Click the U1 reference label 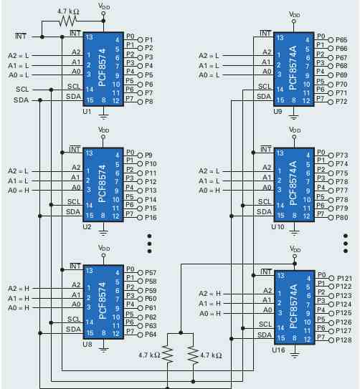87,112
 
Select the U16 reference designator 278,350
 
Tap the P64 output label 151,335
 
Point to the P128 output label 344,340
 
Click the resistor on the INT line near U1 68,21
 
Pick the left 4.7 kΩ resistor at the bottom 168,355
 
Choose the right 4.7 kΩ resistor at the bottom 193,355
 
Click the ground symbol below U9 294,116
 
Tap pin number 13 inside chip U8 89,271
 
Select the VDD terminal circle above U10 294,137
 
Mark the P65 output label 341,40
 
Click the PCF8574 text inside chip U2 103,183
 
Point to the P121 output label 344,279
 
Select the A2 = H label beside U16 210,294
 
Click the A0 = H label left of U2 19,191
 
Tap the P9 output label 148,155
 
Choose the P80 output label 341,218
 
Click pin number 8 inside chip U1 104,100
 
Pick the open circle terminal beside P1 141,39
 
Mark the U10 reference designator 278,227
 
